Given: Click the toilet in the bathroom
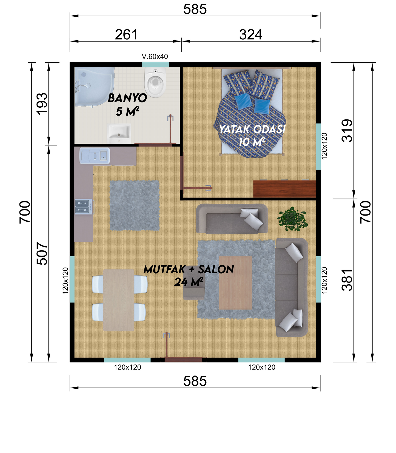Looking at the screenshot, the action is pos(155,82).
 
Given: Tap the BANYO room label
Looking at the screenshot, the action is pos(127,98).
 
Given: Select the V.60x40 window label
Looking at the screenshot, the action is pos(155,57).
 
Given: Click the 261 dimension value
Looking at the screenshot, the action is pos(126,35).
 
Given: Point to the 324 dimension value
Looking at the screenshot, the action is pos(251,35).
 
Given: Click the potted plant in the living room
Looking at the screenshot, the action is pos(292,219).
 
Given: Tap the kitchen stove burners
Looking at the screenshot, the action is pos(83,207).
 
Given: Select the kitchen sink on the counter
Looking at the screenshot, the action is pos(95,156).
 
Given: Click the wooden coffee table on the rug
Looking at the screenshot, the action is pos(235,283).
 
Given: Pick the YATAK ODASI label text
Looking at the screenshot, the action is pos(252,129).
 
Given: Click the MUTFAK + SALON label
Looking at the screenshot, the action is pos(189,269).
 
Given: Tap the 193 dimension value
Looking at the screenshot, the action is pos(42,104).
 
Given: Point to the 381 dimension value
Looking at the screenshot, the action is pos(347,280).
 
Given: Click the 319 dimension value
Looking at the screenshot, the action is pos(347,130).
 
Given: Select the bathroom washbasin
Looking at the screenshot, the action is pos(119,133).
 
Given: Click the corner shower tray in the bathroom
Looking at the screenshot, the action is pos(94,87).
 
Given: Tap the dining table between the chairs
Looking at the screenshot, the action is pos(119,300).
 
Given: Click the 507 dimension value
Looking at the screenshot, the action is pos(42,254).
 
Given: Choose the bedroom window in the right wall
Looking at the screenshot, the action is pos(318,147).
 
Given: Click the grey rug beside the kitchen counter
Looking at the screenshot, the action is pos(135,205).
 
